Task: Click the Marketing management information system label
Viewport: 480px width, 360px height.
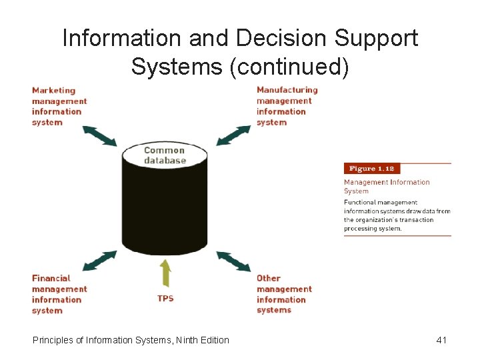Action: pyautogui.click(x=59, y=106)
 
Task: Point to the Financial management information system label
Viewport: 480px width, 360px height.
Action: pyautogui.click(x=59, y=294)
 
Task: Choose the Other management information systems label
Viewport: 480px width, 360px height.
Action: pyautogui.click(x=283, y=294)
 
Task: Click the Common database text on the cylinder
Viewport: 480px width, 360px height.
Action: pyautogui.click(x=165, y=155)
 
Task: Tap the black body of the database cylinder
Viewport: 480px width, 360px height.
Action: pyautogui.click(x=165, y=207)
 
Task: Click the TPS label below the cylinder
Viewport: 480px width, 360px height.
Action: pyautogui.click(x=165, y=298)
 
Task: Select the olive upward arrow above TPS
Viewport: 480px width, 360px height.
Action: pyautogui.click(x=165, y=274)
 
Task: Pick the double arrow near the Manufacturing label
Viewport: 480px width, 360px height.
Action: pyautogui.click(x=233, y=135)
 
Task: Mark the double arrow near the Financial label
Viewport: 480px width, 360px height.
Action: pyautogui.click(x=99, y=261)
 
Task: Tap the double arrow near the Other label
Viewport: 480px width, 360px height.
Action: pyautogui.click(x=233, y=261)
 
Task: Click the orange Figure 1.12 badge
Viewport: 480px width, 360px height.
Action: pyautogui.click(x=372, y=169)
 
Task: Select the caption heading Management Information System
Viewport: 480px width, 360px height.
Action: pyautogui.click(x=387, y=186)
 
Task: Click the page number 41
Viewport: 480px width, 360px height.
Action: pyautogui.click(x=441, y=340)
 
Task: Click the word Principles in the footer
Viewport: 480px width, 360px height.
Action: pyautogui.click(x=53, y=340)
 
